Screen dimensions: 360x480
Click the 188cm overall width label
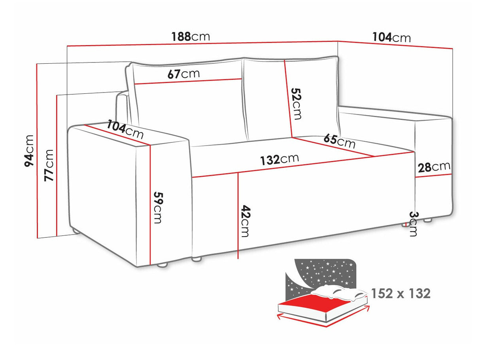point(190,36)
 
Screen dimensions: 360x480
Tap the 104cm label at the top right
point(391,37)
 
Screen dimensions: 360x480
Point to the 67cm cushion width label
point(183,74)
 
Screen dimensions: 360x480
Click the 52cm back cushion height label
point(296,103)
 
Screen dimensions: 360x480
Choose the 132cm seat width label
point(279,159)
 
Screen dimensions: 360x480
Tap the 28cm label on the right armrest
point(434,167)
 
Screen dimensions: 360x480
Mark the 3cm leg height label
point(412,224)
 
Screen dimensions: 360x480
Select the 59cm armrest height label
point(158,208)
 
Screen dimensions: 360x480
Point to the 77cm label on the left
point(49,165)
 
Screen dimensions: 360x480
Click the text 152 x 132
point(401,294)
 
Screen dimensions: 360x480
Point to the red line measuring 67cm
point(188,81)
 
